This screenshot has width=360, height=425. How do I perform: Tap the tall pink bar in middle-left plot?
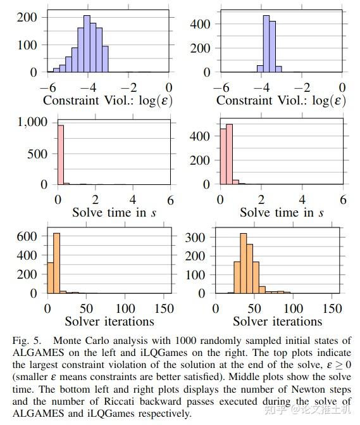60,155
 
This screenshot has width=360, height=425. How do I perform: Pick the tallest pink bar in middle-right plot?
228,159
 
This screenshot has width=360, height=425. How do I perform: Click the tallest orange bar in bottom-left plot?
56,263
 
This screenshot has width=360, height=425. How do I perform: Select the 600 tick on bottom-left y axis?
31,236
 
